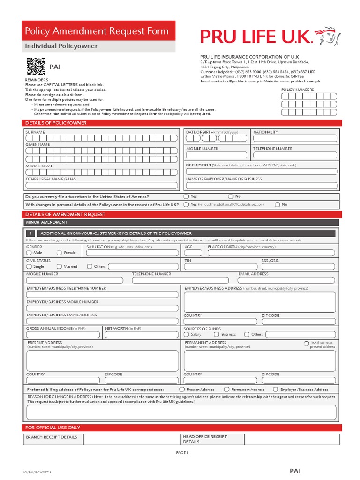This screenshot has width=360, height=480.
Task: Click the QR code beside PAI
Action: (x=36, y=67)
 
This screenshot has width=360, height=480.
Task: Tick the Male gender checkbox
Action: (x=29, y=253)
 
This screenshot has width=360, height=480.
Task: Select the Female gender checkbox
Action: (x=60, y=253)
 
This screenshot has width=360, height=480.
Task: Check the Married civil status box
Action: (x=60, y=266)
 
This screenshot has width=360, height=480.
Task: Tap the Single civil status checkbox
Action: (x=29, y=266)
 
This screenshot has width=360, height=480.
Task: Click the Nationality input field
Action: (x=295, y=138)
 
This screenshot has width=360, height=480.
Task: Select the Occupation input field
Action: (x=261, y=172)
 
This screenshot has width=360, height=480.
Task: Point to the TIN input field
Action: (x=221, y=267)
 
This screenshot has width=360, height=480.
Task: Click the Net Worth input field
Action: (x=141, y=335)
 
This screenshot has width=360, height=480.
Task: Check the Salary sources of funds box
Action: (x=187, y=334)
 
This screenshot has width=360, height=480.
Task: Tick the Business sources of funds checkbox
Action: (x=217, y=334)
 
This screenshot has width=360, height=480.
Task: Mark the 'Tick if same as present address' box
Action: (x=307, y=343)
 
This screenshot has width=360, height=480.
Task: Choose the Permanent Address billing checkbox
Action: (x=226, y=389)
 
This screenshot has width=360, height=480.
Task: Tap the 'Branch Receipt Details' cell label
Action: (x=52, y=437)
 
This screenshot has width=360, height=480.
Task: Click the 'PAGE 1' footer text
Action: (x=182, y=453)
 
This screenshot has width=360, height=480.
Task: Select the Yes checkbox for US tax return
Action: (x=187, y=196)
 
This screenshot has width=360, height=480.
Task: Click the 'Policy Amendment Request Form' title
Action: (x=97, y=31)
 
